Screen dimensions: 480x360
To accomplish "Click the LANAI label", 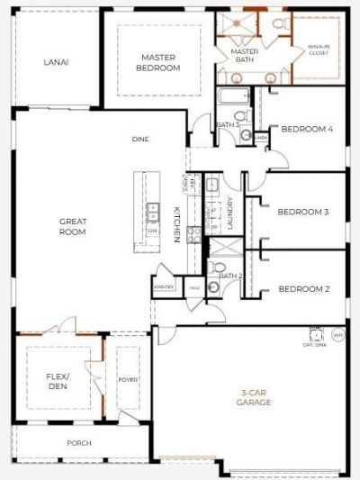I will coord(57,62).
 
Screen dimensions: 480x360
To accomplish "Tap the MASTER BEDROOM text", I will coord(157,62).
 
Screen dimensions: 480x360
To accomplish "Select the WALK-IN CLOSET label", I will coord(318,50).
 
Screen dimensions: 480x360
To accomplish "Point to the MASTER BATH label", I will coord(245,57).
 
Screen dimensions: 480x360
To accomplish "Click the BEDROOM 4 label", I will coord(307,130).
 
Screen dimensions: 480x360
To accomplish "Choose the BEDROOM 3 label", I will coord(302,212).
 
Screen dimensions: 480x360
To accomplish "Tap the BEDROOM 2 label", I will coord(302,289).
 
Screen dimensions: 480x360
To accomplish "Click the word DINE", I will coord(139,139).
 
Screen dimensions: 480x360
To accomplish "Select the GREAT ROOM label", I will coord(72,226).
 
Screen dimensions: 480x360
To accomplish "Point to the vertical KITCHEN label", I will coord(177,224).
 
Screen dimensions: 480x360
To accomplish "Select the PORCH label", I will coord(80,443).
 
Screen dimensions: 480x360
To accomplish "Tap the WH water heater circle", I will coord(338,334).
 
